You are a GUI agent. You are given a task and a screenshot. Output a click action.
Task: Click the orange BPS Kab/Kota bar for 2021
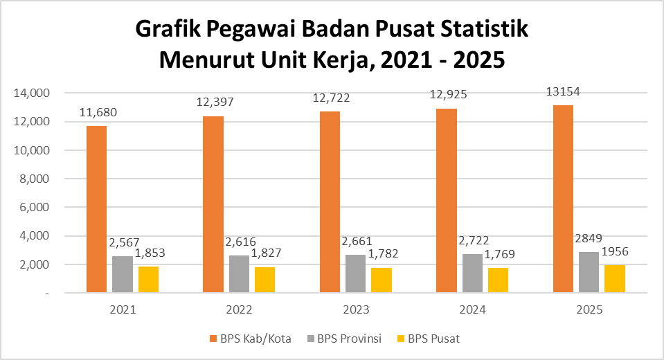point(96,209)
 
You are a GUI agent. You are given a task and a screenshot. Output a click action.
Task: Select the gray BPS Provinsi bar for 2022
point(239,274)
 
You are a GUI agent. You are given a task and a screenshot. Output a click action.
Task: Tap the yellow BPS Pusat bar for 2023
point(381,280)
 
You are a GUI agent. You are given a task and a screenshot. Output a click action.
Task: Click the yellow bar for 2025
point(614,278)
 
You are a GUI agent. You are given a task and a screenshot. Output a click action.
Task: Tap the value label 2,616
point(240,242)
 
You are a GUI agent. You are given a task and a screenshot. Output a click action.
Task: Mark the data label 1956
point(616,251)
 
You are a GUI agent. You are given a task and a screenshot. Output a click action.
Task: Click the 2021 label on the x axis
point(123,310)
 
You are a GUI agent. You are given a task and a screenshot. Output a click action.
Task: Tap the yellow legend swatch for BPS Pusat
point(400,339)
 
